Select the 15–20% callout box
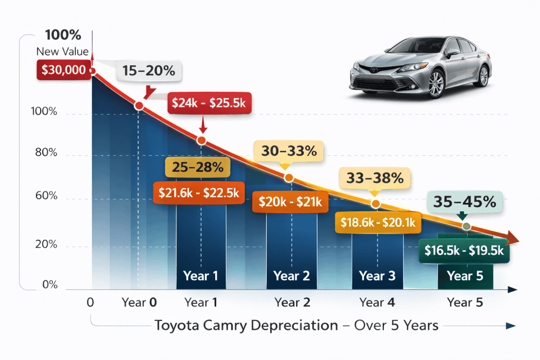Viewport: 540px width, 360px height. pyautogui.click(x=148, y=71)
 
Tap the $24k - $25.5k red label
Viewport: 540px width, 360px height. pyautogui.click(x=210, y=104)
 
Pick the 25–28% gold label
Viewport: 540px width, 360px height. pyautogui.click(x=197, y=167)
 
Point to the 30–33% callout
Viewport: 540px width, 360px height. pyautogui.click(x=289, y=151)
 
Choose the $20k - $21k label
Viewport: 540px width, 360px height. pyautogui.click(x=290, y=202)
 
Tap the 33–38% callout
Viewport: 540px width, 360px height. pyautogui.click(x=375, y=178)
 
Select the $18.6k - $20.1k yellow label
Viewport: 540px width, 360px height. pyautogui.click(x=378, y=223)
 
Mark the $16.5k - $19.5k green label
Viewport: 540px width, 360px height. pyautogui.click(x=464, y=251)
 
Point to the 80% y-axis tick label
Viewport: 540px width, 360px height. pyautogui.click(x=46, y=153)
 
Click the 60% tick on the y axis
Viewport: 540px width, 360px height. pyautogui.click(x=46, y=196)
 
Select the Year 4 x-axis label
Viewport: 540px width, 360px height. pyautogui.click(x=377, y=303)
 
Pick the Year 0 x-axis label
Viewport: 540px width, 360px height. pyautogui.click(x=139, y=303)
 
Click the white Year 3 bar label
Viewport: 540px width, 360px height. pyautogui.click(x=377, y=276)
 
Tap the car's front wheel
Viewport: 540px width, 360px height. pyautogui.click(x=436, y=84)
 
